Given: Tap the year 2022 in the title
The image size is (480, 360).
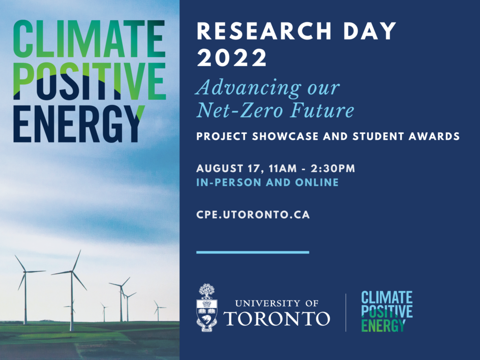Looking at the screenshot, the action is click(x=232, y=58).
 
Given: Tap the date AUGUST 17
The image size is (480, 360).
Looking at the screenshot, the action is click(x=231, y=169).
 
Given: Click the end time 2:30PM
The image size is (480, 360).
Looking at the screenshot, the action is click(x=333, y=168).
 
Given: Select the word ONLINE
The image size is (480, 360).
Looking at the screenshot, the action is click(x=317, y=182).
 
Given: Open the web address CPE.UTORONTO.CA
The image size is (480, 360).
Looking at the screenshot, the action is click(x=253, y=215).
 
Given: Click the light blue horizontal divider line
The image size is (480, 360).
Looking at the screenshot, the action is click(x=253, y=252).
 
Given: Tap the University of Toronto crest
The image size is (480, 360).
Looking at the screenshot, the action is click(x=207, y=307).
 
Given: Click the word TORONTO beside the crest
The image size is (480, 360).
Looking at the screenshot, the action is click(x=277, y=318).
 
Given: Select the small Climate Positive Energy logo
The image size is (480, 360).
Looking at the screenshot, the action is click(x=387, y=311).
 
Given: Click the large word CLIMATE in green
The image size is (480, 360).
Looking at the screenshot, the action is click(x=89, y=38).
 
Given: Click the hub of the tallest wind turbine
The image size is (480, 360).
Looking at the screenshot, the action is click(x=72, y=271).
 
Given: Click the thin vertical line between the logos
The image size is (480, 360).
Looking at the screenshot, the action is click(x=345, y=313).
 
